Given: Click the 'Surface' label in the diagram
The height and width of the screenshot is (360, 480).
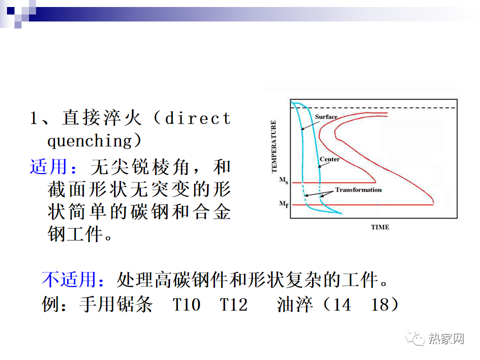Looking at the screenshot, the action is pos(326,116).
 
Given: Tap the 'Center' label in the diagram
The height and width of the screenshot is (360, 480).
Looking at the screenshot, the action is pos(329,159).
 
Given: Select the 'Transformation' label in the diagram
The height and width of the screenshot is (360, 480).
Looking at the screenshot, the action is pos(358,190).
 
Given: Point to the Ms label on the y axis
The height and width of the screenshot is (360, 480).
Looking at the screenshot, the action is pos(283,180).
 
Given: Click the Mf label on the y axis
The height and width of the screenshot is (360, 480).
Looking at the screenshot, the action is pos(283,204).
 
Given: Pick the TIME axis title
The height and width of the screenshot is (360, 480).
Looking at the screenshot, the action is pos(380,227).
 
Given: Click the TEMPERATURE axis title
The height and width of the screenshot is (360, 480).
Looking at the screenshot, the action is pos(274,146).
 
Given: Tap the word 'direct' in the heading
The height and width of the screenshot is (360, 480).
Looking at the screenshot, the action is pos(197,118).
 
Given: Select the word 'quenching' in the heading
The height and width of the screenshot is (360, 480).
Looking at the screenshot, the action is pos(89,141).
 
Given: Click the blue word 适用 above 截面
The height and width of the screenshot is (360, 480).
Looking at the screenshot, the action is pos(48,167).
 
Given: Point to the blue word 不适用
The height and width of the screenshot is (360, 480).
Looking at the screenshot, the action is pos(69,279).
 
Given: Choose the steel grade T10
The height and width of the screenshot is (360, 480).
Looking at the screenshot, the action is pos(186,304).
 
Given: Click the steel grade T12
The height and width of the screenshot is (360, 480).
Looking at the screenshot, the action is pos(233,304).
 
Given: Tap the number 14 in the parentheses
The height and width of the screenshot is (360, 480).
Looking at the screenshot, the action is pos(341,304).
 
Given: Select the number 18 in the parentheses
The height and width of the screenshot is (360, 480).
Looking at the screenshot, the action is pos(380,304).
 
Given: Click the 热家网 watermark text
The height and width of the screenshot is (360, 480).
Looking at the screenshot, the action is pos(446,338).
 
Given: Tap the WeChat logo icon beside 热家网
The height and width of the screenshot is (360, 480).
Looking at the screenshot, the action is pos(415,338).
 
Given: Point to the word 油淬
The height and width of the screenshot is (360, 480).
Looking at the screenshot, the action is pos(295,304).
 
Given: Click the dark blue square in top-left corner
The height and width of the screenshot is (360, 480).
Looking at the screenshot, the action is pos(10,10).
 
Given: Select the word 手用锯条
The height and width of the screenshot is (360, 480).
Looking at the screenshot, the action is pos(115,304).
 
